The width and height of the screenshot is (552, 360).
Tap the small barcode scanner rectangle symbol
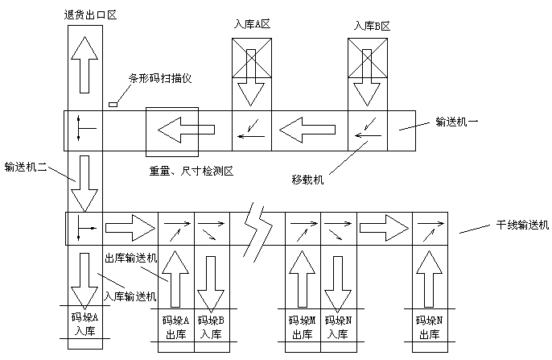click(113, 103)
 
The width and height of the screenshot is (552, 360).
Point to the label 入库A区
click(252, 25)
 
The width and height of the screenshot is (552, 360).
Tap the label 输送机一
click(457, 122)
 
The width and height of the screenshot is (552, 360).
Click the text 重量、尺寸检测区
click(191, 171)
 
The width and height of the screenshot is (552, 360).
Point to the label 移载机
click(309, 180)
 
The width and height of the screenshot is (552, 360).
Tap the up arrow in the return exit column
click(84, 64)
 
